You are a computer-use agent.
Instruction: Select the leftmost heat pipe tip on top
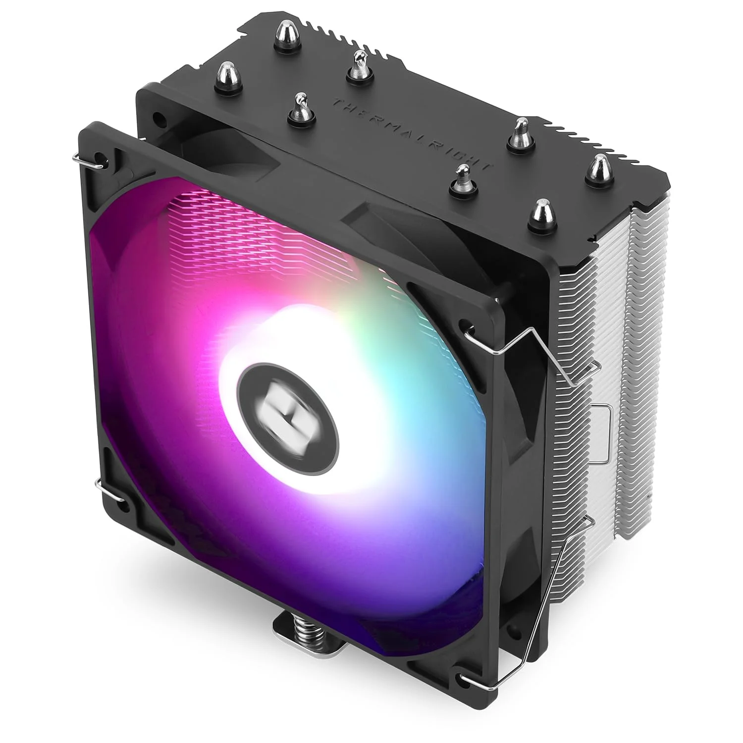point(226,74)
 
